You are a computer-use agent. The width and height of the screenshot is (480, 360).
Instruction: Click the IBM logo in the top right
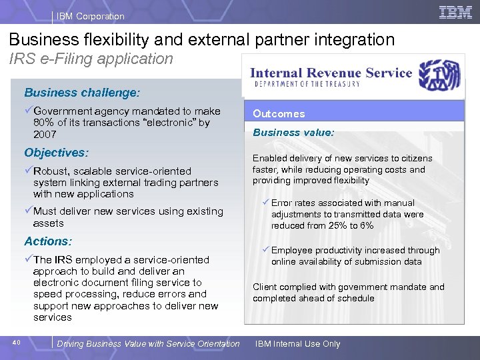coord(455,12)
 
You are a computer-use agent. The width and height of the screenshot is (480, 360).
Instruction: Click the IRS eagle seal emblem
coord(439,75)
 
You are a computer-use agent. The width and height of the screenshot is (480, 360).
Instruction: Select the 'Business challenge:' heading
coord(82,93)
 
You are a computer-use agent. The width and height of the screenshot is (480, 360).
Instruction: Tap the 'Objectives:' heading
coord(56,153)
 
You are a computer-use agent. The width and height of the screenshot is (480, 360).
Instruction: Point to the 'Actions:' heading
coord(48,241)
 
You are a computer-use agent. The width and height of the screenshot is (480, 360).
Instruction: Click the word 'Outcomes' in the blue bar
coord(279,114)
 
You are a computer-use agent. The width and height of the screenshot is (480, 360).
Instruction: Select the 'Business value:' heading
coord(293,133)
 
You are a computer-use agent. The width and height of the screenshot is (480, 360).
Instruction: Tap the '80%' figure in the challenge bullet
coord(44,123)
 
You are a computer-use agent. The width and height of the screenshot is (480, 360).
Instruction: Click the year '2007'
coord(45,135)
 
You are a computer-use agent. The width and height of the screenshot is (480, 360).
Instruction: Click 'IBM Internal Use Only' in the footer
coord(297,344)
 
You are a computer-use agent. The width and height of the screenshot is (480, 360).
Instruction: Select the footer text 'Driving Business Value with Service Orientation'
coord(148,344)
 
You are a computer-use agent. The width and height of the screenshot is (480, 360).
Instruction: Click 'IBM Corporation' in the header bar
coord(90,16)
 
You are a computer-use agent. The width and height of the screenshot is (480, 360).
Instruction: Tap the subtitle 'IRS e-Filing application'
coord(91,59)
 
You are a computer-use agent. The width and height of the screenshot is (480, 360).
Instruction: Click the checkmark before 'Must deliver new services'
coord(28,211)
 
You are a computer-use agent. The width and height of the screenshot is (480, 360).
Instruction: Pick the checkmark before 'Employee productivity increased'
coord(265,250)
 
